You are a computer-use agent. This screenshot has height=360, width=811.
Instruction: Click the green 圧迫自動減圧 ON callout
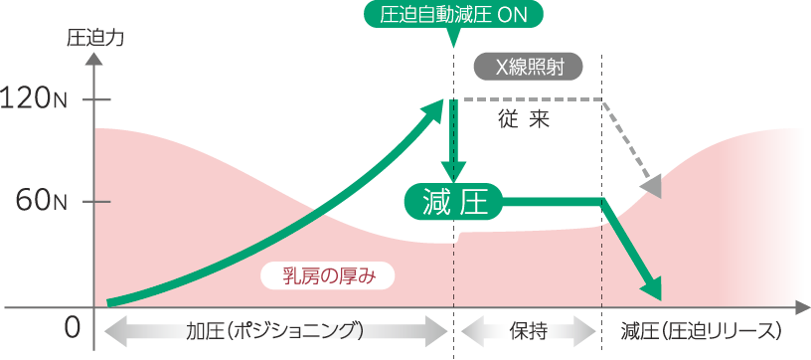pos(453,15)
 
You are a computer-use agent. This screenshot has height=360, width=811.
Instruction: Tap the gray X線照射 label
pos(529,67)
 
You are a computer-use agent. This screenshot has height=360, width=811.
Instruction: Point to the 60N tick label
pos(41,201)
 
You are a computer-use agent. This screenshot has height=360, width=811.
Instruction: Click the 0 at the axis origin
pos(72,327)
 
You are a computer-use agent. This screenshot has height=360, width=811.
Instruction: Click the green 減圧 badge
pos(454,201)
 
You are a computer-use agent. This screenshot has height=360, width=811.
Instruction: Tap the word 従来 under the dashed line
pos(525,120)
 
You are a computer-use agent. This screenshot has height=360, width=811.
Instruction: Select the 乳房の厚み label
pos(328,276)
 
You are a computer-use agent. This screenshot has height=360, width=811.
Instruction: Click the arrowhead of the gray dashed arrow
pos(652,187)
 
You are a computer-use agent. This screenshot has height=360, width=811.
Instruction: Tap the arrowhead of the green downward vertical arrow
pos(453,172)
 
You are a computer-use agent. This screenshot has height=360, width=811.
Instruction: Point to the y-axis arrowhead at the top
pos(94,57)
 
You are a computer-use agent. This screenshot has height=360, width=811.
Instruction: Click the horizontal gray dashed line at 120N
pos(533,98)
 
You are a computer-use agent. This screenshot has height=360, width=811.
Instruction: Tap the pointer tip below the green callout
pos(453,47)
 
